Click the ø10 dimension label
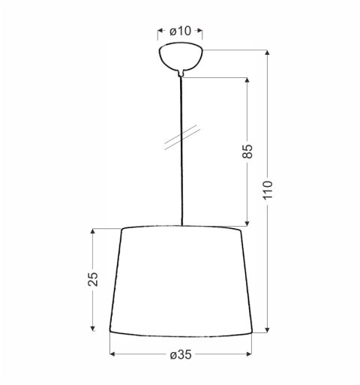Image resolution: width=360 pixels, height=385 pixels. [180, 32]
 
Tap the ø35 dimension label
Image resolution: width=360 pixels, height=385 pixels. [181, 355]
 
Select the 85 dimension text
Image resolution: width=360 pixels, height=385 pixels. [247, 151]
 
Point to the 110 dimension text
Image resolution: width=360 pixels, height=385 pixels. [268, 190]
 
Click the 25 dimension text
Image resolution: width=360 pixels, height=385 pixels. [93, 279]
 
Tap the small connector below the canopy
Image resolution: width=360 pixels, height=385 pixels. [181, 74]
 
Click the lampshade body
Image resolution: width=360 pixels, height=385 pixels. [181, 281]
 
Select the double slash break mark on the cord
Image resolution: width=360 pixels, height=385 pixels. [182, 137]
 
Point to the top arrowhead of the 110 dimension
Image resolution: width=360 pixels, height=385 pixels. [268, 53]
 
